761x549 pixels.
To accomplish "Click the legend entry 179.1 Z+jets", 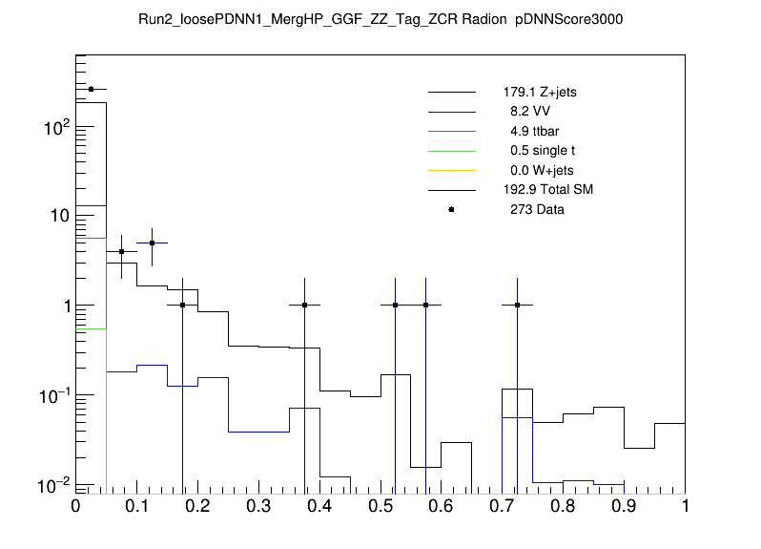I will pyautogui.click(x=540, y=93).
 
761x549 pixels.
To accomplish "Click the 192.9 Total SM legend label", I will pyautogui.click(x=548, y=190).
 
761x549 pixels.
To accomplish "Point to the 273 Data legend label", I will pyautogui.click(x=537, y=209).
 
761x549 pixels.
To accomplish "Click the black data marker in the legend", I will pyautogui.click(x=451, y=209).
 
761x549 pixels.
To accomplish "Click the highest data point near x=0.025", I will pyautogui.click(x=91, y=89).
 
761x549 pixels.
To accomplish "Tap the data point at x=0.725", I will pyautogui.click(x=517, y=306).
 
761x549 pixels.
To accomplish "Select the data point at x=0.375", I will pyautogui.click(x=304, y=306).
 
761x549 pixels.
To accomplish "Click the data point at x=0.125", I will pyautogui.click(x=152, y=243).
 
